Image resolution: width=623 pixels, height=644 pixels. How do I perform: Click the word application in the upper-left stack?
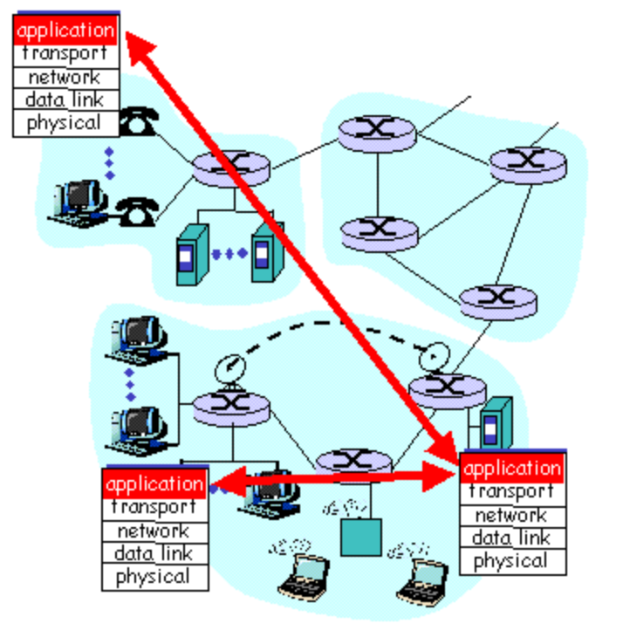(65, 31)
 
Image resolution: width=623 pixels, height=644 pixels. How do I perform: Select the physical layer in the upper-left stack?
(65, 123)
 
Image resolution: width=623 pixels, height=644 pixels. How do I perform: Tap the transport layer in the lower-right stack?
(512, 492)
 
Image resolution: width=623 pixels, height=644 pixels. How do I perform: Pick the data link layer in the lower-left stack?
(154, 552)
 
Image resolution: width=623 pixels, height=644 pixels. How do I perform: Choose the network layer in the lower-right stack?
(512, 515)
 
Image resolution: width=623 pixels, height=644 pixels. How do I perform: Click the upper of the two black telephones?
(136, 124)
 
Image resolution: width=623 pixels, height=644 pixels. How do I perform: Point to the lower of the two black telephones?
(135, 209)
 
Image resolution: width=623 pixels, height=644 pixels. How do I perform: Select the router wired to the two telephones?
(231, 168)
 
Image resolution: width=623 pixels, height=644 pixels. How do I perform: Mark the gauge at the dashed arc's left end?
(229, 367)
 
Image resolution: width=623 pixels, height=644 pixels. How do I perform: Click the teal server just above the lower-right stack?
(494, 424)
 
